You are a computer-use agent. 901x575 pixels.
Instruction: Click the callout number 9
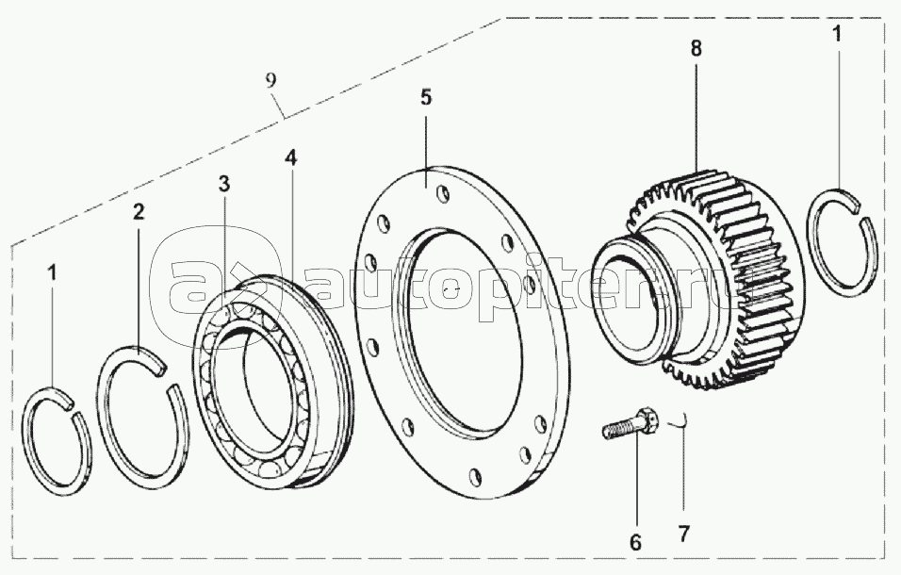tap(271, 80)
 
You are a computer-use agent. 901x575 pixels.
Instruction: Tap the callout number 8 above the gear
tap(696, 49)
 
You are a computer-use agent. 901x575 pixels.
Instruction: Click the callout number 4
tap(291, 160)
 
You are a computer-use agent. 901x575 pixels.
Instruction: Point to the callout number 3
tap(223, 183)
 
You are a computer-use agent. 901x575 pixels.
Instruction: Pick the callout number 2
tap(139, 212)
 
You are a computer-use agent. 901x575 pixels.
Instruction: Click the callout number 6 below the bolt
tap(635, 542)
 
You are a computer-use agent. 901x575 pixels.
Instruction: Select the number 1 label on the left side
tap(53, 273)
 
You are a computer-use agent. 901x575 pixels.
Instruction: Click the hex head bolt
tap(632, 425)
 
